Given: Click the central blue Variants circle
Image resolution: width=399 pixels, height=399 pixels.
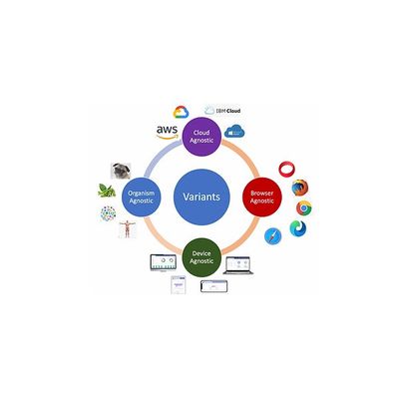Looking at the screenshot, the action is click(201, 197).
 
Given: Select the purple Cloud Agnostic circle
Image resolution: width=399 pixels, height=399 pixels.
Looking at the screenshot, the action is click(201, 137).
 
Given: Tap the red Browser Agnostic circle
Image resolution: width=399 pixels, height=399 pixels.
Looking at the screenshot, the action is click(262, 197).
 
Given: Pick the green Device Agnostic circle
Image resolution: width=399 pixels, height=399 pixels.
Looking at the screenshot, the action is click(201, 257).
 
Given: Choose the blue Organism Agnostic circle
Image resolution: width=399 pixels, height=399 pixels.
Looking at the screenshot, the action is click(141, 197).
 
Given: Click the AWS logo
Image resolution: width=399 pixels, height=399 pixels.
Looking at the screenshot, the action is click(167, 133).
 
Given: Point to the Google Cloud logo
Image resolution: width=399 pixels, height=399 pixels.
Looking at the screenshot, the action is click(181, 112).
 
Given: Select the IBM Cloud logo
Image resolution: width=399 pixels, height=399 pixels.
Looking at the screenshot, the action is click(222, 110).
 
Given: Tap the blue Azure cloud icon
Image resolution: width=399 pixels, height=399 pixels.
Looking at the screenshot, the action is click(234, 132).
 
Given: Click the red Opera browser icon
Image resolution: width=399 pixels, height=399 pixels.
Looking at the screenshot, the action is click(286, 170).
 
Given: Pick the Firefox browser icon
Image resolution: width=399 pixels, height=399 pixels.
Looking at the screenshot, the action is click(300, 188).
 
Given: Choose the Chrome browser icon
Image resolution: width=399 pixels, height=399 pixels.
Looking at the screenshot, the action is click(304, 208).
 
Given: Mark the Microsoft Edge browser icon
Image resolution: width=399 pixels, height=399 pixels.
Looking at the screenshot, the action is click(298, 228).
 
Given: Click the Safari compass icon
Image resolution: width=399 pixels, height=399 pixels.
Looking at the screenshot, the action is click(273, 236).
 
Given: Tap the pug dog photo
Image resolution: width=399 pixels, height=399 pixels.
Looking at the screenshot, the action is click(121, 171).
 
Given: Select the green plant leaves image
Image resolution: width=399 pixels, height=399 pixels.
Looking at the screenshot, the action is click(107, 191).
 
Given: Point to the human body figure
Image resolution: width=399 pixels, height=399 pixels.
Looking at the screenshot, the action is click(127, 229).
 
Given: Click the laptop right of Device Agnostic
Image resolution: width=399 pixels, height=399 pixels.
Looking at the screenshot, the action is click(238, 265).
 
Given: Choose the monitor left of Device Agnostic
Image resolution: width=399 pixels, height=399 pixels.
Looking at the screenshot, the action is click(163, 263).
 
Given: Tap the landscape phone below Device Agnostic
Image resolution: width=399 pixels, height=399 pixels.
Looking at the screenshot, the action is click(214, 286).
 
